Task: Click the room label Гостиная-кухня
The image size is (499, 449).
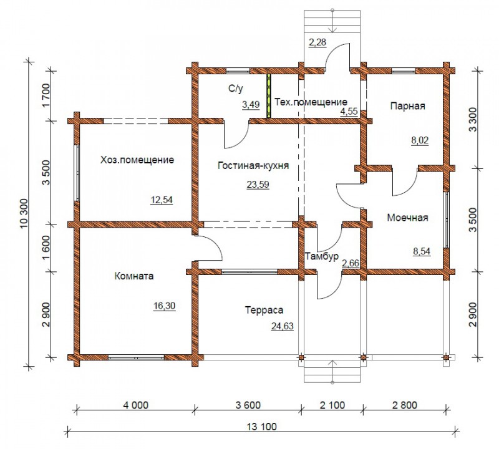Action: [253, 165]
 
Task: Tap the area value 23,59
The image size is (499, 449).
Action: [258, 184]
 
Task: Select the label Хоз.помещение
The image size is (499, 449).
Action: [137, 160]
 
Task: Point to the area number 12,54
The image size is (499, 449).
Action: [162, 200]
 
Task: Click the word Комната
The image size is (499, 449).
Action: [134, 276]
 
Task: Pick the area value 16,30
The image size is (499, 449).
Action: [164, 306]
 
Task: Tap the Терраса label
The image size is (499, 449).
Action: [264, 310]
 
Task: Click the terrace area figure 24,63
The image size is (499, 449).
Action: [283, 326]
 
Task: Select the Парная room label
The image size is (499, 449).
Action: [408, 106]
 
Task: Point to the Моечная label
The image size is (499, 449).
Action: [407, 218]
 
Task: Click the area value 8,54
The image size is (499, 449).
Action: [422, 251]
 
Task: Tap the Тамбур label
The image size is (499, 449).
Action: [322, 256]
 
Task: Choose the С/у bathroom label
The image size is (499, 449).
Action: [236, 89]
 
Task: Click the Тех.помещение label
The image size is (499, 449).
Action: [311, 102]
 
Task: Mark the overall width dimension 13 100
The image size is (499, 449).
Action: [261, 427]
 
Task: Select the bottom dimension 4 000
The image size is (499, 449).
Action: [135, 405]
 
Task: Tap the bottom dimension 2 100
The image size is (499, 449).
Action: [332, 405]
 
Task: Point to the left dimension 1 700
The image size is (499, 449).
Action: [46, 96]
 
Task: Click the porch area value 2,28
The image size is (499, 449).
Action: [317, 42]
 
